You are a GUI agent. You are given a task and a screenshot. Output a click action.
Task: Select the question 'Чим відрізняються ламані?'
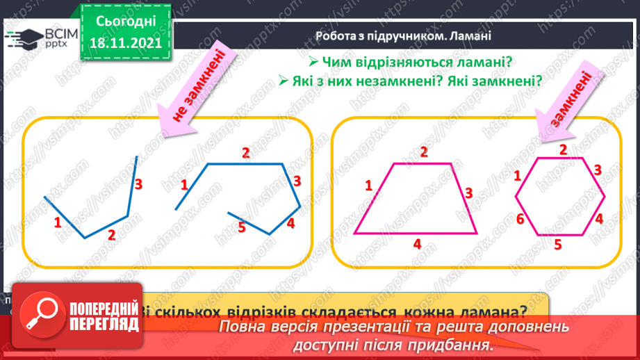point(416,63)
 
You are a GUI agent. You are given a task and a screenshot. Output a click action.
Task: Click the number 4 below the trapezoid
point(417,243)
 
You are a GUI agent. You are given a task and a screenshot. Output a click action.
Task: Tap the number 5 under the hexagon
point(557,244)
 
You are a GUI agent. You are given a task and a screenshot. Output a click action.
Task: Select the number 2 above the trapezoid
point(423,152)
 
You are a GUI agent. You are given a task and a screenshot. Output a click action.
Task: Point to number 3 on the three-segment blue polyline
point(138,184)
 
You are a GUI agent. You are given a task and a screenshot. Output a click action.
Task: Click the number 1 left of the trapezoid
point(369,185)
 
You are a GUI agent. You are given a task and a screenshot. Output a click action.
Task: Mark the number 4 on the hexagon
point(599,218)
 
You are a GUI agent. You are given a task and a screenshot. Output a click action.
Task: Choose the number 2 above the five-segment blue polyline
point(245,154)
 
